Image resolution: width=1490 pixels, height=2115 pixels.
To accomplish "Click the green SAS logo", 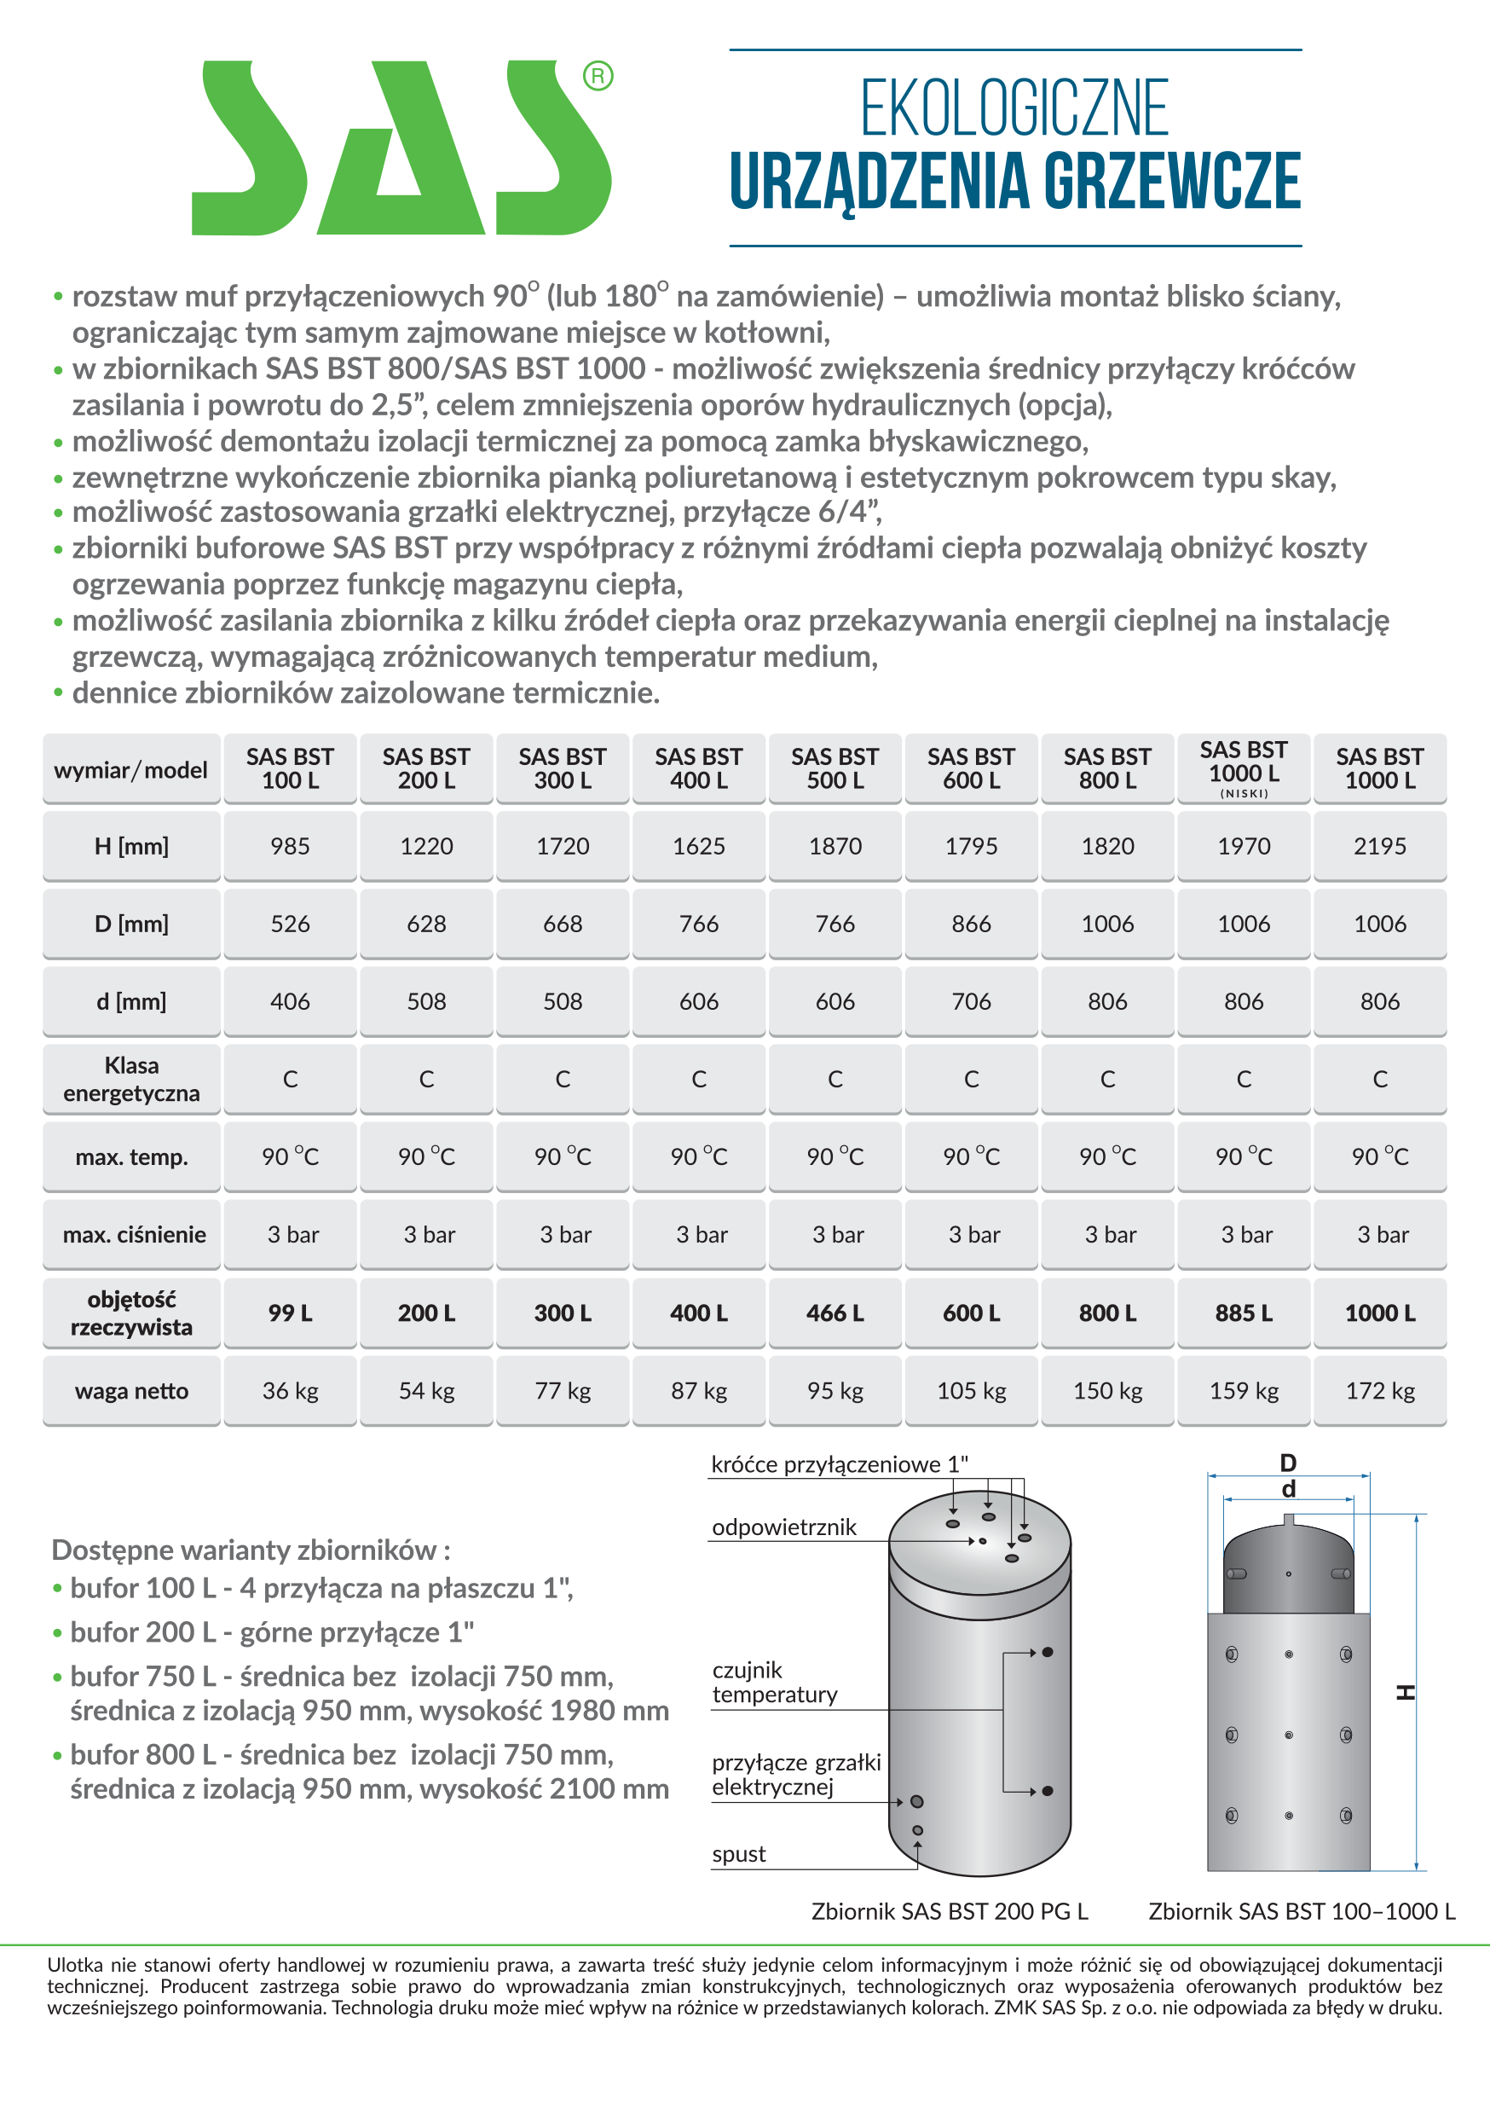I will coord(401,148).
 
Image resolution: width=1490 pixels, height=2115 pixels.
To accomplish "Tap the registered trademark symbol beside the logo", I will coord(598,76).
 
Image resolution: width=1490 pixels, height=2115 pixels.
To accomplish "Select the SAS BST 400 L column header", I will coord(698,768).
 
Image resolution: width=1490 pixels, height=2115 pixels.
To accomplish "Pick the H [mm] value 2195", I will coord(1379,846).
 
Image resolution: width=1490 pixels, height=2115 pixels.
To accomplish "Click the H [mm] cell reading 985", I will coord(290,846).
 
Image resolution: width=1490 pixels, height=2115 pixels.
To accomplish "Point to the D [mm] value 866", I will coord(971,923).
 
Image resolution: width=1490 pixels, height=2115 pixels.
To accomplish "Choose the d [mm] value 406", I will coord(290,1001).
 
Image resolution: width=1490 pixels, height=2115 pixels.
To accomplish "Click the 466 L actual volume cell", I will coord(835,1312).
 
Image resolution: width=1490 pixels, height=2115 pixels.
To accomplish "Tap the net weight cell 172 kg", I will coord(1379,1390).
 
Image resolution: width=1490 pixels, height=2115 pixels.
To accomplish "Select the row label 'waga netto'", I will coord(131,1390).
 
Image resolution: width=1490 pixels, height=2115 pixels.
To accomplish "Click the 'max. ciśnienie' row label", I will coord(134,1234).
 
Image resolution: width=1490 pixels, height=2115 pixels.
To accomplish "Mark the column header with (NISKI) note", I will coord(1243,768).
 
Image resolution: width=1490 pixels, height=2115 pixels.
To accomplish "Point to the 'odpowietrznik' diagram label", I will coord(783,1527).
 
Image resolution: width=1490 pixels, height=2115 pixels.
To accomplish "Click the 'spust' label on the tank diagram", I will coord(738,1854).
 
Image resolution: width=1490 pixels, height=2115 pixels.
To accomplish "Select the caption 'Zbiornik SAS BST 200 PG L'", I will coord(950,1911).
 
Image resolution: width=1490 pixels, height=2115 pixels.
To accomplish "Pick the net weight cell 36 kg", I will coord(290,1390).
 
